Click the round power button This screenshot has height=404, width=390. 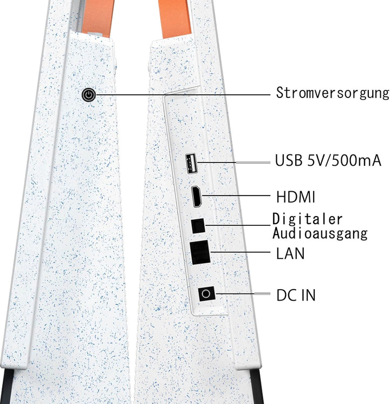(89, 95)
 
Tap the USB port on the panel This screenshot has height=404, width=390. (191, 164)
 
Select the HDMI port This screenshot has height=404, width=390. (197, 197)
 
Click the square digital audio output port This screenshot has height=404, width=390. (198, 226)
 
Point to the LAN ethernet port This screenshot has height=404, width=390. (200, 252)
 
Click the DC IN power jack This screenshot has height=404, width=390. (206, 294)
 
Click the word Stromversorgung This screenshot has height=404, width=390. (333, 93)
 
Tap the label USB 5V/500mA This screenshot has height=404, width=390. (328, 160)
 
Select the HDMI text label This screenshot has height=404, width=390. (295, 197)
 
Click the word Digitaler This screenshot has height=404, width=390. (307, 219)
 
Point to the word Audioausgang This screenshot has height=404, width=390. (320, 233)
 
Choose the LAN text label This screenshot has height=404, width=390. (290, 253)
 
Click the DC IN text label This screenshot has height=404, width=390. (296, 295)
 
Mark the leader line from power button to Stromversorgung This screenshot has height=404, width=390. (183, 95)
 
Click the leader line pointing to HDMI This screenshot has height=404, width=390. (236, 196)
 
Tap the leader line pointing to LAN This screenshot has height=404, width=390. (240, 252)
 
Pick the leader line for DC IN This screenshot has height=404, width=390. (243, 294)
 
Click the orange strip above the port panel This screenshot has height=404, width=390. (174, 18)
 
